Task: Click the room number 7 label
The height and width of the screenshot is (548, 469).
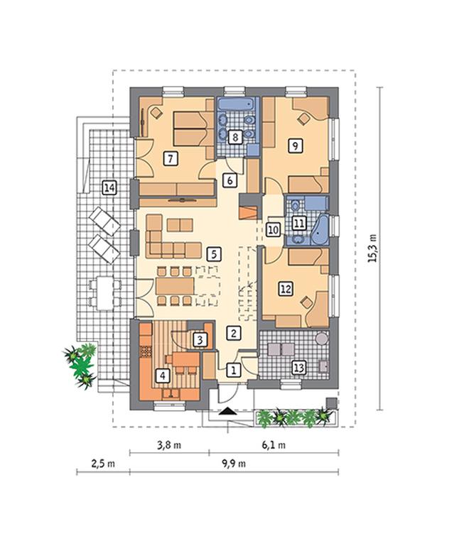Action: [x=171, y=159]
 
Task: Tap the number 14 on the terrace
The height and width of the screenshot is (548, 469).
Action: [x=109, y=188]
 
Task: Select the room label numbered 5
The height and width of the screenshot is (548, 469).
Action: [x=214, y=254]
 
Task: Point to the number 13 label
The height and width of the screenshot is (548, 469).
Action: [x=298, y=368]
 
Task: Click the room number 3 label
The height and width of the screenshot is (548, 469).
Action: [x=200, y=340]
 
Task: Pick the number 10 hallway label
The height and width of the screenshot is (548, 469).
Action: [x=273, y=230]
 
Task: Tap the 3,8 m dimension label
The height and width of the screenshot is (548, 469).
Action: [x=169, y=445]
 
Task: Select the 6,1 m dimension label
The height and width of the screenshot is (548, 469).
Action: [x=274, y=445]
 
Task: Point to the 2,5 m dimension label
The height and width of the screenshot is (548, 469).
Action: [x=103, y=464]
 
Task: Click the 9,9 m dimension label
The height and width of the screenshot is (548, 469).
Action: [x=234, y=464]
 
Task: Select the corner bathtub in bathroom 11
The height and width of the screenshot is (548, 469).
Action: [x=320, y=229]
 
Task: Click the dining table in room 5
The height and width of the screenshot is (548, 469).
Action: [x=175, y=286]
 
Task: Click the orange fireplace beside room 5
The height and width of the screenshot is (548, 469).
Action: [x=249, y=212]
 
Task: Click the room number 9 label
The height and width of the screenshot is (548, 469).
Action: [x=296, y=146]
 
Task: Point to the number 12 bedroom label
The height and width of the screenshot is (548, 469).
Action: [x=286, y=289]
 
